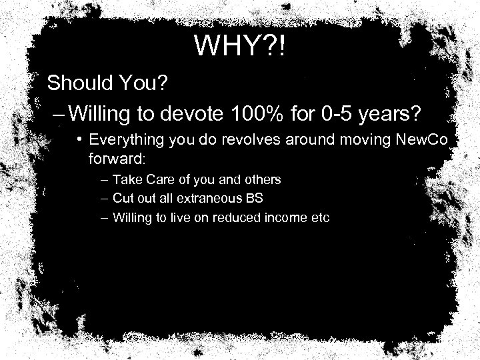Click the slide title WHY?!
coord(240,46)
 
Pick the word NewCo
coord(425,141)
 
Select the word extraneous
coord(197,199)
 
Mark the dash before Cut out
coord(105,199)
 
